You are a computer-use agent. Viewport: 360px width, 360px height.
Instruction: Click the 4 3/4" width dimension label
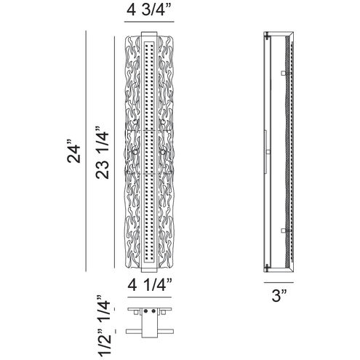pos(149,10)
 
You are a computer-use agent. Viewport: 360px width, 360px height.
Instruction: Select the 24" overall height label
pos(73,151)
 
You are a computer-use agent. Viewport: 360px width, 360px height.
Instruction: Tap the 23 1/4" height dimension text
pos(102,153)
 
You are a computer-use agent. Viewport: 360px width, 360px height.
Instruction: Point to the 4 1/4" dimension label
pos(150,285)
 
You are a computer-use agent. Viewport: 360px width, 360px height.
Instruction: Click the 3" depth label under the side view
pos(279,296)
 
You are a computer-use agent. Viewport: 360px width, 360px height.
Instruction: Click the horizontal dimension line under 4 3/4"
pos(149,22)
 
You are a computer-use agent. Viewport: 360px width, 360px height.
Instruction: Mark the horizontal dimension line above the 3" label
pos(279,282)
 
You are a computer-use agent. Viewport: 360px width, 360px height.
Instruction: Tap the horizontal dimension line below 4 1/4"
pos(150,297)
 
